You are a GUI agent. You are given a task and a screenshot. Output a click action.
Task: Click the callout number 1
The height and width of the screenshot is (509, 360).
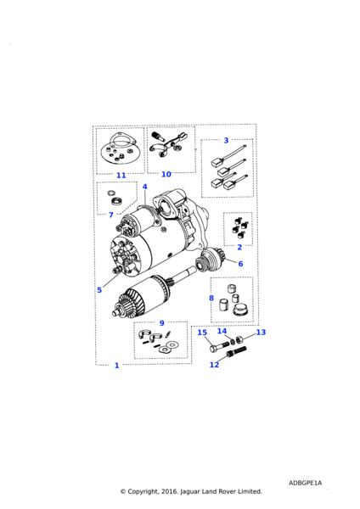[x=117, y=366]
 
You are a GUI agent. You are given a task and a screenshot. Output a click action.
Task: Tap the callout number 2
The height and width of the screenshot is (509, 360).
[x=239, y=248]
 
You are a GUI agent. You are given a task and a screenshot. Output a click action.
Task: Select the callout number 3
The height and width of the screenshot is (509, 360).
[x=226, y=141]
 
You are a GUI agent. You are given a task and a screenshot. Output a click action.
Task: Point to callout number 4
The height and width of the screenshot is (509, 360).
[x=144, y=187]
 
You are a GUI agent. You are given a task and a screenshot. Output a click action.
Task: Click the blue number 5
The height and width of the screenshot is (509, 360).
[x=99, y=290]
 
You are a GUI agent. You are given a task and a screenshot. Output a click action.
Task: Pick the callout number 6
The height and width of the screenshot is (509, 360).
[x=240, y=264]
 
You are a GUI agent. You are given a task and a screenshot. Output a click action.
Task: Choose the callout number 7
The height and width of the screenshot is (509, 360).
[x=111, y=215]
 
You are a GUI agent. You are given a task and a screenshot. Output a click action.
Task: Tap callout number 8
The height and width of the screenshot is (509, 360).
[x=211, y=298]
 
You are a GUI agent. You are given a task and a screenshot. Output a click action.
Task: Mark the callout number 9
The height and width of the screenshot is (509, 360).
[x=162, y=323]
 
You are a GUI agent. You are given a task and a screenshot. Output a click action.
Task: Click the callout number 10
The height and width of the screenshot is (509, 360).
[x=166, y=174]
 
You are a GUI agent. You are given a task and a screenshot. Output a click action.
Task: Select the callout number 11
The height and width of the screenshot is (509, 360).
[x=121, y=176]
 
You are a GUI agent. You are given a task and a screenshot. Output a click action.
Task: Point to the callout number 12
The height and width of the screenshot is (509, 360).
[x=214, y=365]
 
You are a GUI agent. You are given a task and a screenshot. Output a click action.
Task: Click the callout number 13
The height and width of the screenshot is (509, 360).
[x=261, y=332]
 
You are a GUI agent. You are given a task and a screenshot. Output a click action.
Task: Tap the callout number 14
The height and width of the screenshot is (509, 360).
[x=222, y=331]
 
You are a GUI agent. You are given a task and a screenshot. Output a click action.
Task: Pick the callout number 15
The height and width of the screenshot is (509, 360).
[x=202, y=333]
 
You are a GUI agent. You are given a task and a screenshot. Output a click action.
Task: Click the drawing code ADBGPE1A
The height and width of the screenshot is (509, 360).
[x=305, y=483]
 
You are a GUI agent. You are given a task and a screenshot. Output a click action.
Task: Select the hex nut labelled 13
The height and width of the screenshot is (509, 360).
[x=239, y=339]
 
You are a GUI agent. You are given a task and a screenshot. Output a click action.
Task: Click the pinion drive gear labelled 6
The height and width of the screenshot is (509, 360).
[x=206, y=259]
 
